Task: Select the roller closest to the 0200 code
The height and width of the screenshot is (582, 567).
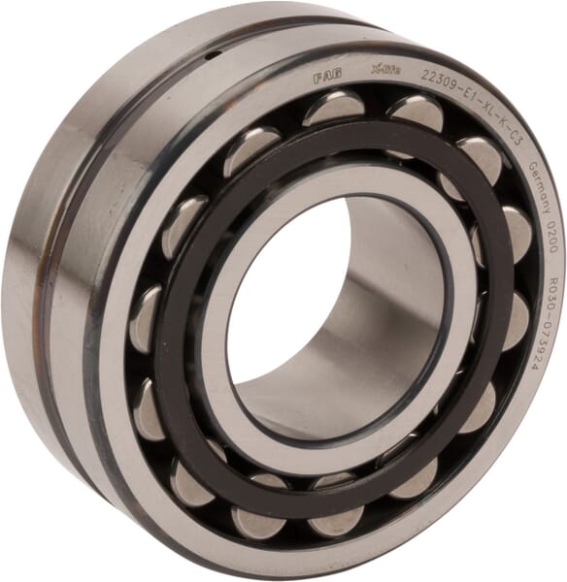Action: [x=516, y=233]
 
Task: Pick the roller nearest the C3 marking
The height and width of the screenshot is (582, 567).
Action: [x=481, y=155]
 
